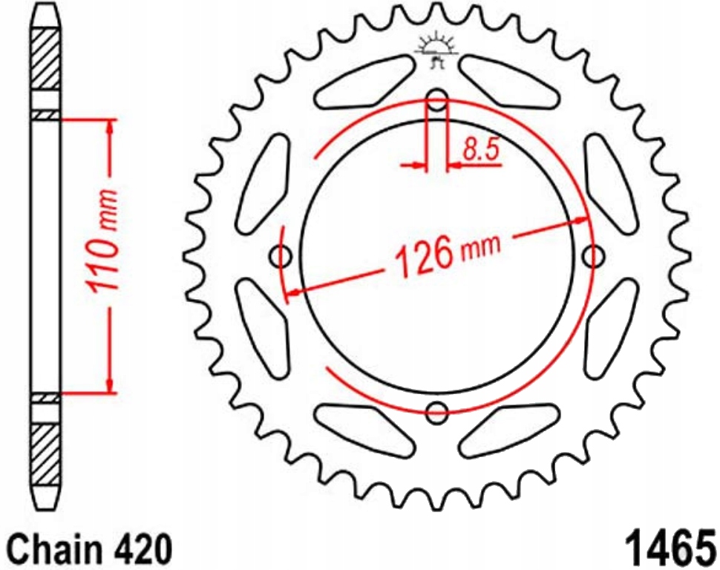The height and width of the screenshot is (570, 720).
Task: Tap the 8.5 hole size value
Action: [480, 151]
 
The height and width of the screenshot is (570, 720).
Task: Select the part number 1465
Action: [667, 548]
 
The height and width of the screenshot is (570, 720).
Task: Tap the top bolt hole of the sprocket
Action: [438, 102]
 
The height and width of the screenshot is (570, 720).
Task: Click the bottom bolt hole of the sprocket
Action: [438, 411]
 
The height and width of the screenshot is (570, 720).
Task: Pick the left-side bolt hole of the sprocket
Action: [282, 257]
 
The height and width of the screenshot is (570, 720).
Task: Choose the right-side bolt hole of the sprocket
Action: [593, 257]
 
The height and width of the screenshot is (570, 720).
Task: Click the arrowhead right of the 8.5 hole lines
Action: [454, 166]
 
